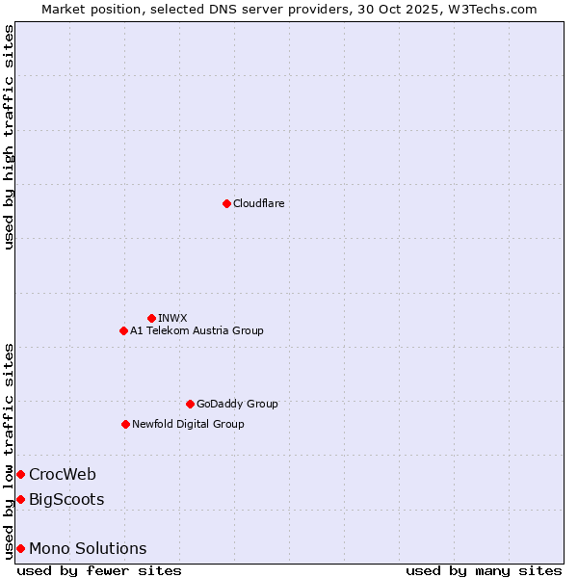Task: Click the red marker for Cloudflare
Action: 226,203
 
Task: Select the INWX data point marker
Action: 151,318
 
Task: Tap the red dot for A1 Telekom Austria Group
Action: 123,330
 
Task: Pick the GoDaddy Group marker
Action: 190,404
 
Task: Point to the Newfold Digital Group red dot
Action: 125,424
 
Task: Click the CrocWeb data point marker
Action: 20,474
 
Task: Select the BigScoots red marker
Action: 20,499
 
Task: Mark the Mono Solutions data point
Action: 20,548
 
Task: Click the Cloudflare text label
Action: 258,203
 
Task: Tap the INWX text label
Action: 172,318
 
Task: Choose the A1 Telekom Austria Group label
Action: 197,330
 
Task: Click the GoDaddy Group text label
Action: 237,404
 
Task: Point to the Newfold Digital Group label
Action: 188,424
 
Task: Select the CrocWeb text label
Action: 63,474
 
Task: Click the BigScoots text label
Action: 66,499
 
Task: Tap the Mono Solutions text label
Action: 88,548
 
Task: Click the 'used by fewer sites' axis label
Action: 99,570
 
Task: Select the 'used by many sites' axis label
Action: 484,570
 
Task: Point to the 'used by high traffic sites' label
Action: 9,137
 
